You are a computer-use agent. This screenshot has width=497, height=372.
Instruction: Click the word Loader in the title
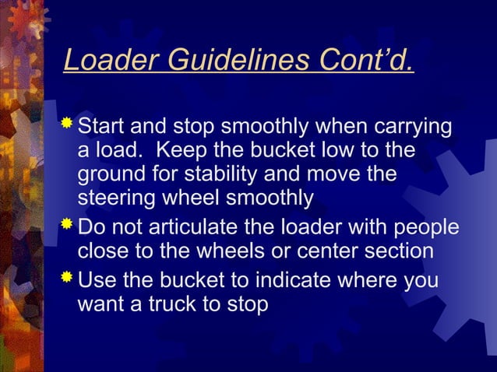point(100,60)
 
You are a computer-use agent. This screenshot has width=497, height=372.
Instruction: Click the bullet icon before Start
point(69,123)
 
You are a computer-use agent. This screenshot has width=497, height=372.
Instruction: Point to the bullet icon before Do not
point(69,226)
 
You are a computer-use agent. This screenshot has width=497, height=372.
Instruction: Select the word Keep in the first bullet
point(185,149)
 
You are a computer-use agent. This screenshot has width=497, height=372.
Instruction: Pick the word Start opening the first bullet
point(104,125)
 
